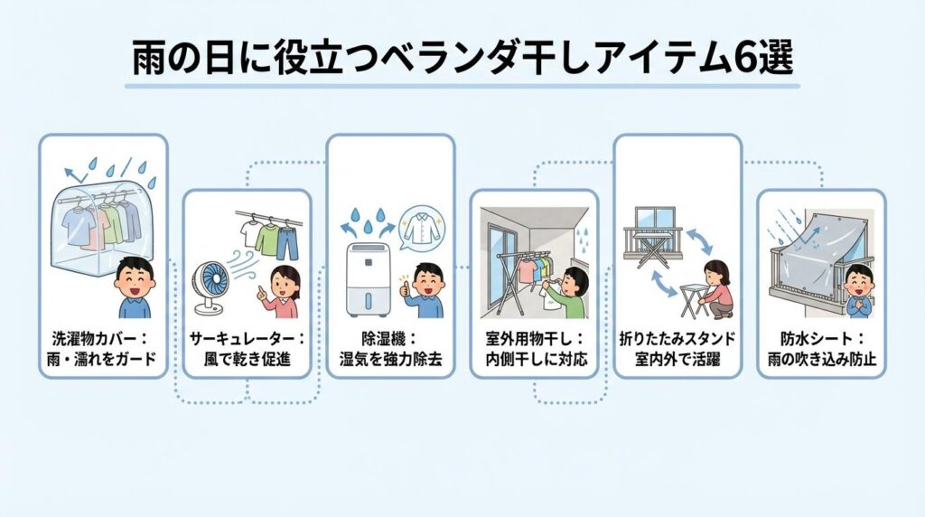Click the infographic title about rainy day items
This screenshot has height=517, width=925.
(462, 59)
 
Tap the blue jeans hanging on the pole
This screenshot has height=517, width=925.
(286, 242)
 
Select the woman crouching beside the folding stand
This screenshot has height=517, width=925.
(714, 287)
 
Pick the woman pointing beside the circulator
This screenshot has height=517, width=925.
(282, 289)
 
